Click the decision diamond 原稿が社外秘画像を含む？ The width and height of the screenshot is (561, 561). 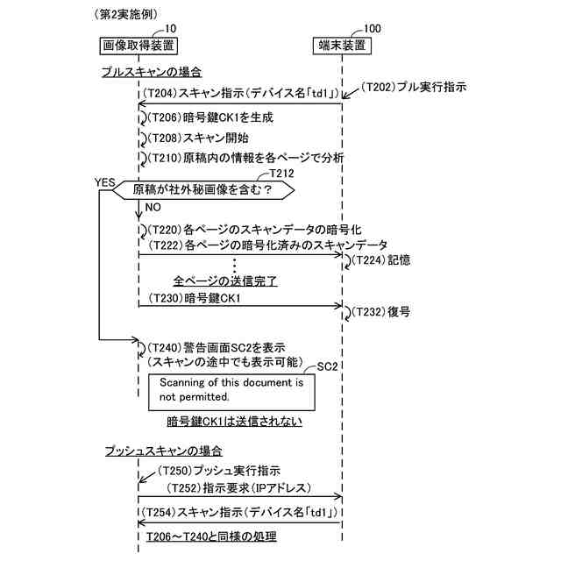click(x=202, y=189)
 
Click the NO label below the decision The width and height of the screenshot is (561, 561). click(x=152, y=209)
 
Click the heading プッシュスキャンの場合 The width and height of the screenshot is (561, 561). click(x=162, y=451)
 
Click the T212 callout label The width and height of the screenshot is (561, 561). click(x=285, y=174)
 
